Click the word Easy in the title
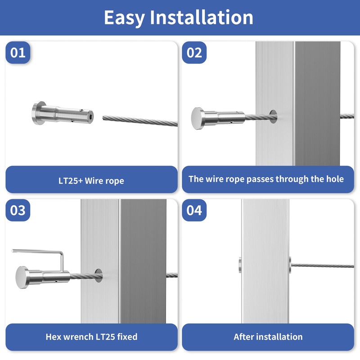(x=125, y=18)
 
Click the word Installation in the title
(x=202, y=18)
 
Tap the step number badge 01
(x=18, y=53)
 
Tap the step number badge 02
(x=194, y=53)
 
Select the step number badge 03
(x=18, y=210)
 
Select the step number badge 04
(x=194, y=210)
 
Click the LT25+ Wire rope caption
(x=91, y=181)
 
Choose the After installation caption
(x=268, y=337)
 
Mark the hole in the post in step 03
(x=98, y=275)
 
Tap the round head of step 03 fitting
(x=22, y=276)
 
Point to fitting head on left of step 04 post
(x=240, y=265)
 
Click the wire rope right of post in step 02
(x=348, y=116)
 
